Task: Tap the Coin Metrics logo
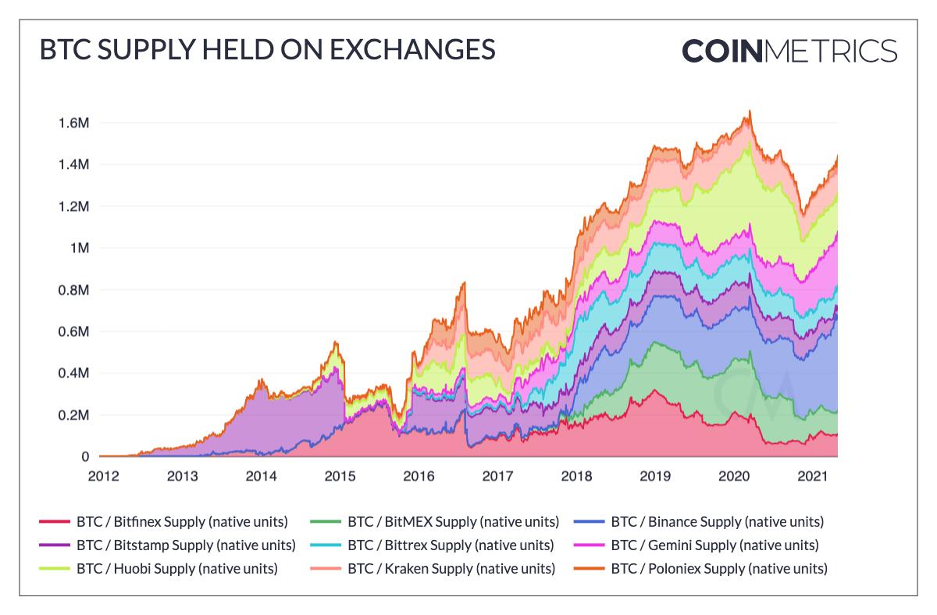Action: click(x=789, y=50)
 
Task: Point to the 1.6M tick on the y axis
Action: click(x=73, y=123)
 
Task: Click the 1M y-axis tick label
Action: click(x=81, y=249)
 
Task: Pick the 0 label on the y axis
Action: click(x=84, y=457)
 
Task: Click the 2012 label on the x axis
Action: click(x=103, y=476)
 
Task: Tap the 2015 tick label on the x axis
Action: click(x=340, y=476)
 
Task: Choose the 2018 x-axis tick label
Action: click(x=576, y=476)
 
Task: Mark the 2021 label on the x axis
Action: click(x=812, y=476)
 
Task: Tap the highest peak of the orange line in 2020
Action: click(x=750, y=111)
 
